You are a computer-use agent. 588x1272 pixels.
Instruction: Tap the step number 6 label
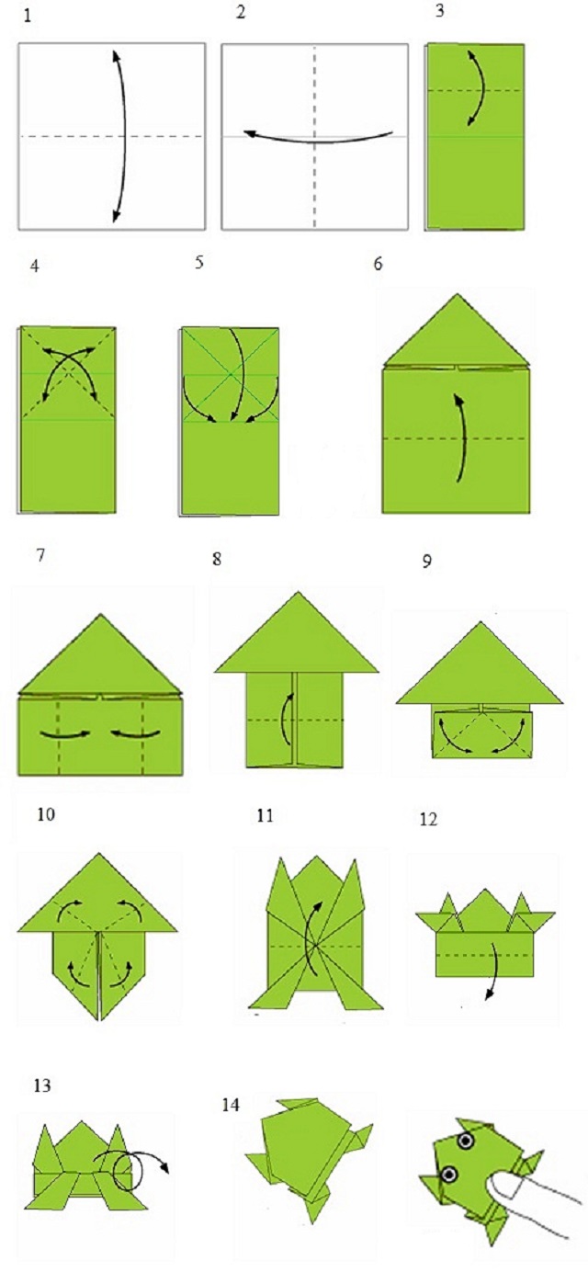coord(378,264)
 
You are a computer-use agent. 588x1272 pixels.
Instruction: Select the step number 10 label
coord(46,814)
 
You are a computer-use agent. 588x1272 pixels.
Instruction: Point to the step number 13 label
coord(42,1085)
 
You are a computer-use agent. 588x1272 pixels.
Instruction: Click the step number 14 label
coord(230,1105)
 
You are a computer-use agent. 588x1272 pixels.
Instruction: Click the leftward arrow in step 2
coord(318,139)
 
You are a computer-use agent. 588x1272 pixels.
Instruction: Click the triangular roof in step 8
coord(297,632)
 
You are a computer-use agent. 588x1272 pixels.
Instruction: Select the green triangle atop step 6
coord(457,329)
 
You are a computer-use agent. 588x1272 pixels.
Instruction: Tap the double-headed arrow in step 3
coord(480,87)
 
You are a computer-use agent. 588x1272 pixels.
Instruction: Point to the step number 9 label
coord(427,561)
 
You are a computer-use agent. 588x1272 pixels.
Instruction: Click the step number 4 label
coord(35,266)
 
